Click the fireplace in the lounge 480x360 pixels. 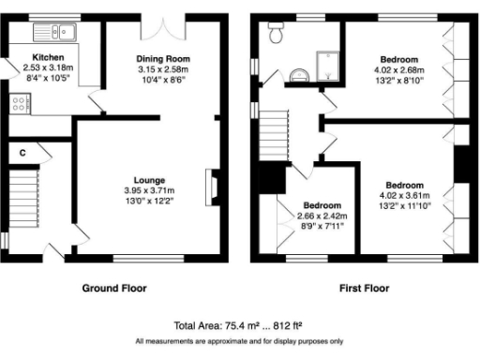[212, 186]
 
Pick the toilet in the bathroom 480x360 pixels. [276, 36]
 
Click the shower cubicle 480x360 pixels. [330, 64]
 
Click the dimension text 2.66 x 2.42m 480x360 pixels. [321, 215]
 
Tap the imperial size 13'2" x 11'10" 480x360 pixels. [404, 204]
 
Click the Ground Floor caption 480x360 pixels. [114, 288]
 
